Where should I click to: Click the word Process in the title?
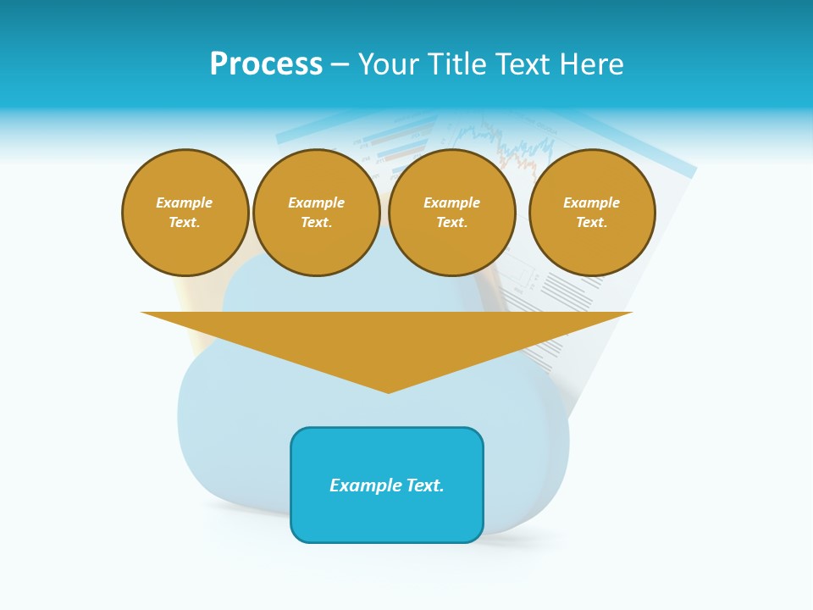(x=266, y=64)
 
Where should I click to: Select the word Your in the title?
(x=389, y=64)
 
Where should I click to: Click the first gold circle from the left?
(x=185, y=213)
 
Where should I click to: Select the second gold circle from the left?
(x=317, y=213)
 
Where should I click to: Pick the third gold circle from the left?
(x=452, y=213)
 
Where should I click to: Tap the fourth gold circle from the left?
(x=592, y=213)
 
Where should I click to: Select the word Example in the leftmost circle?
(x=185, y=202)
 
